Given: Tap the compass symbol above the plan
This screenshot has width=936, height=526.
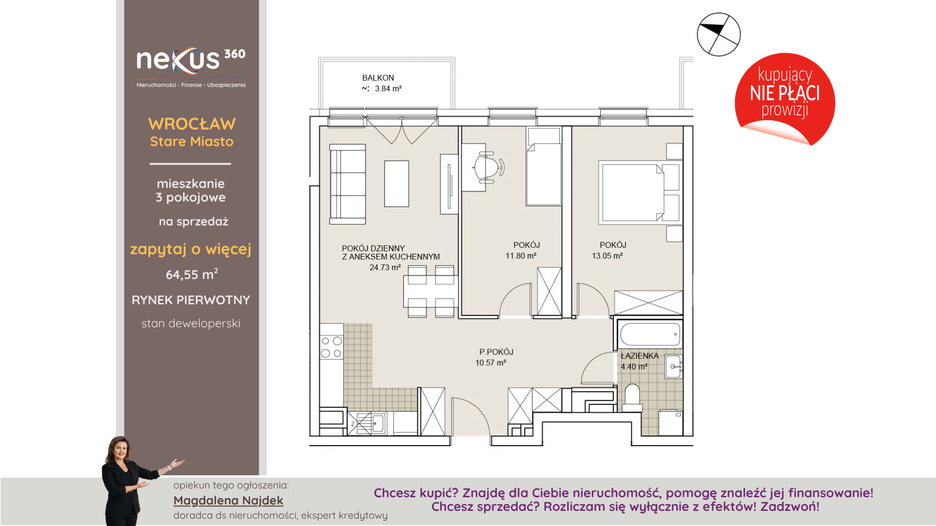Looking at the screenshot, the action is pos(719,35).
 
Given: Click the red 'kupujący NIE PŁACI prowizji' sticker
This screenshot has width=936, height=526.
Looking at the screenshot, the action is pos(785,99).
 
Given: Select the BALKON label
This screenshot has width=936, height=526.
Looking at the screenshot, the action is pos(378,78).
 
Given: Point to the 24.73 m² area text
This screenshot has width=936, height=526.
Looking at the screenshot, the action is pos(385,267).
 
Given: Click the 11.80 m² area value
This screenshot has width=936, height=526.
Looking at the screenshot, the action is pos(521,256).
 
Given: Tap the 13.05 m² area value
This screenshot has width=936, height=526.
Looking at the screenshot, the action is pos(607,256).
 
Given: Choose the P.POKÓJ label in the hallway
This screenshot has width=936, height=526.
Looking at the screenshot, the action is pos(496,352).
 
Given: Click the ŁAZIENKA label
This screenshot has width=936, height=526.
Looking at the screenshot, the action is pos(640,356).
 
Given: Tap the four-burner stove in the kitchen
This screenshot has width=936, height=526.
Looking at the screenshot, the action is pos(331,347).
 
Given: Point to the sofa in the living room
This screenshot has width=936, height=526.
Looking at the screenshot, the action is pos(348,184).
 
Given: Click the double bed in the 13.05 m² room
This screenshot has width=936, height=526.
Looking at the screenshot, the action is pos(639,192).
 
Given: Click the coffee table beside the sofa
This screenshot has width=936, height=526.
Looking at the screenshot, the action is pos(396,184).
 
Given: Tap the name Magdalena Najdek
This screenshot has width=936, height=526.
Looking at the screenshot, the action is pos(228,501).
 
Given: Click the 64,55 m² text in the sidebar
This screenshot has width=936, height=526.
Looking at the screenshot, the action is pos(192,274).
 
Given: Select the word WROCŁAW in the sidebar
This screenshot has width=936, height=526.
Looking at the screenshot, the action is pos(192,124).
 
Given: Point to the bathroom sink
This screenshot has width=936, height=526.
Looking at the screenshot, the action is pos(673,366).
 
